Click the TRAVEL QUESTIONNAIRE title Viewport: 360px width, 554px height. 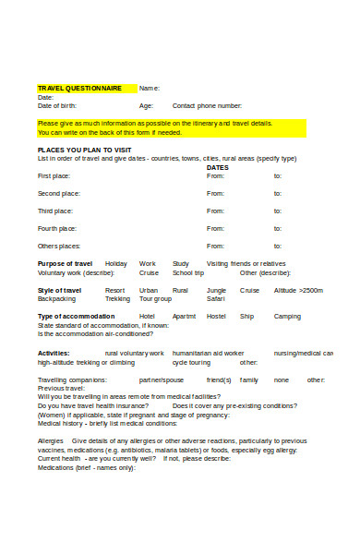coord(79,89)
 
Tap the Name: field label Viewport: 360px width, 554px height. coord(150,89)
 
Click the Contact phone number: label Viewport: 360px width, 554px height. coord(208,105)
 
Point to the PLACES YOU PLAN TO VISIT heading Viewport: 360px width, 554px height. coord(84,150)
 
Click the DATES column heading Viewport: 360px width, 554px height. coord(218,167)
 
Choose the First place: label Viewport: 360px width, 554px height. coord(54,175)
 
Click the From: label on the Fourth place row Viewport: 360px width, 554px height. coord(215,228)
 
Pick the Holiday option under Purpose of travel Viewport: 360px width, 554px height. coord(116,264)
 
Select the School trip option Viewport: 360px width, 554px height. coord(188,273)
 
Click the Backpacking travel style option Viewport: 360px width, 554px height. coord(57,299)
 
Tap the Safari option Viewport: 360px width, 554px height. coord(215,299)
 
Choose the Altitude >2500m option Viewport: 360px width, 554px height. coord(298,291)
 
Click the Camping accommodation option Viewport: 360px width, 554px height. coord(287,317)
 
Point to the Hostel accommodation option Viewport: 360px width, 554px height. coord(216,317)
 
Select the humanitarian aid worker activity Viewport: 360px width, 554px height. coord(208,353)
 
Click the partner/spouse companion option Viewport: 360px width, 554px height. coord(161,379)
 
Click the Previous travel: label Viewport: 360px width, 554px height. coord(61,388)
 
